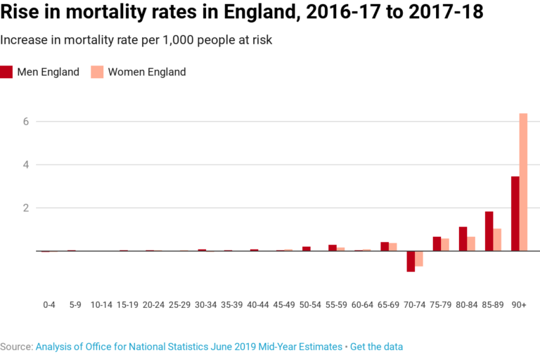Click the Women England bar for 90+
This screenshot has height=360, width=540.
coord(523,182)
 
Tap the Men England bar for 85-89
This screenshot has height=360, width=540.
coord(489,231)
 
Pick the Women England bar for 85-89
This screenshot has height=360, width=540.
coord(497,240)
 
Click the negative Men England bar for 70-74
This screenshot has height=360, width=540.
coord(411,261)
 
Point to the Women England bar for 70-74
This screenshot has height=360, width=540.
coord(419,258)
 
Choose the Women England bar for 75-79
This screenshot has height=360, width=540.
coord(445,245)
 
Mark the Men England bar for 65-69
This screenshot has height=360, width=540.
coord(385,246)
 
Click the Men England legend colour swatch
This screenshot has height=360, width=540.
coord(7,72)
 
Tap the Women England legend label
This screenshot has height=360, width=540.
coord(146,72)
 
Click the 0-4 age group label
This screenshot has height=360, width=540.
coord(49,304)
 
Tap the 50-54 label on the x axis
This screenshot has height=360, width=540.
coord(310,304)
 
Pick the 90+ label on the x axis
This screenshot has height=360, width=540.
coord(519,304)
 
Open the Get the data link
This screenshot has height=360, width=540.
coord(376,347)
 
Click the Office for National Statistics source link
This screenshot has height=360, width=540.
coord(188,347)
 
